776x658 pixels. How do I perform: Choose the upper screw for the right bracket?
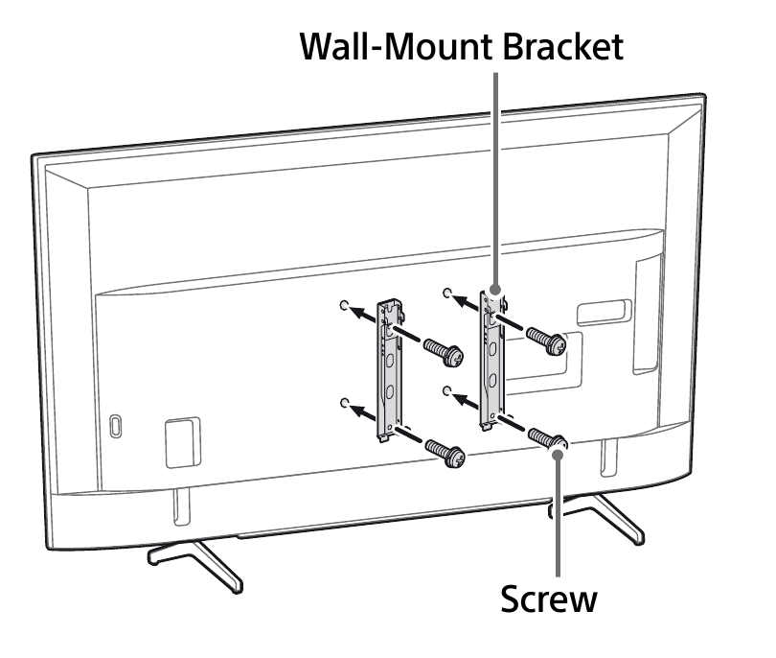pos(545,340)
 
